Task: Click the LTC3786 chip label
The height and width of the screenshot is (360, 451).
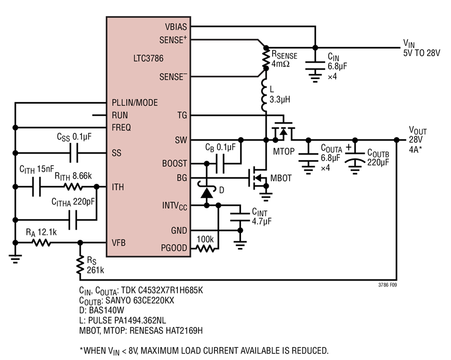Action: (x=148, y=58)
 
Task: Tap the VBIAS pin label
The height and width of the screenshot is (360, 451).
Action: (x=176, y=27)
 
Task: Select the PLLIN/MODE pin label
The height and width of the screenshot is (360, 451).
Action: (x=135, y=103)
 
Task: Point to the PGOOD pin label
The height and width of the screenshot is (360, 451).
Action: (x=174, y=248)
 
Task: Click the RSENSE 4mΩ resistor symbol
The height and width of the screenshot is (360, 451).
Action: (x=266, y=58)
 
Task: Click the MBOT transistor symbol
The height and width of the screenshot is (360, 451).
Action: (x=258, y=178)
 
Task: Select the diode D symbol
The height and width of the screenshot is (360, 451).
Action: (x=206, y=191)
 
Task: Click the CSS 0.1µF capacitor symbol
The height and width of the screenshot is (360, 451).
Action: (x=74, y=153)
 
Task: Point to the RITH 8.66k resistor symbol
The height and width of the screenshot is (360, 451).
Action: (x=73, y=187)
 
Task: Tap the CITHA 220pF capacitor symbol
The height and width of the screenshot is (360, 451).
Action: (x=73, y=220)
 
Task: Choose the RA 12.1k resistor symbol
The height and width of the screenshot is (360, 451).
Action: (x=42, y=243)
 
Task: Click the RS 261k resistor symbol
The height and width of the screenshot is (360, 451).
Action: (x=80, y=264)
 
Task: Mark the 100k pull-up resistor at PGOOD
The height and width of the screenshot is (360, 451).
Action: (x=205, y=248)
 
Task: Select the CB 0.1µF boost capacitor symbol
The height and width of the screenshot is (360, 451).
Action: (x=220, y=164)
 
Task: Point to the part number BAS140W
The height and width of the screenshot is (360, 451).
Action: (x=106, y=310)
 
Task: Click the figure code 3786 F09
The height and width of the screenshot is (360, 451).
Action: (x=387, y=285)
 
